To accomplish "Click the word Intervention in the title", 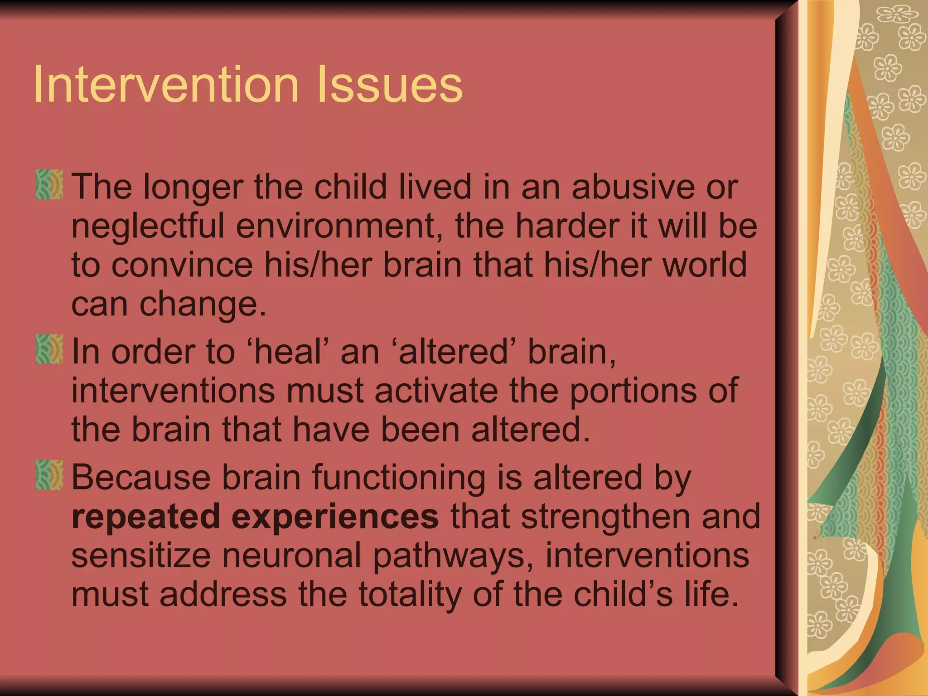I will [x=166, y=84].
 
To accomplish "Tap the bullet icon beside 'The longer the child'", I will [x=49, y=184].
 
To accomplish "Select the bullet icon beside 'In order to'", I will [x=49, y=349].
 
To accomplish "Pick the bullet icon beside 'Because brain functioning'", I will [x=49, y=475].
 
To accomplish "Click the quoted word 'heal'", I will [x=290, y=352].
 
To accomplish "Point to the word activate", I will [x=436, y=391].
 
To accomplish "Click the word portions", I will [x=633, y=391].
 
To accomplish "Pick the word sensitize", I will [x=140, y=556].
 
